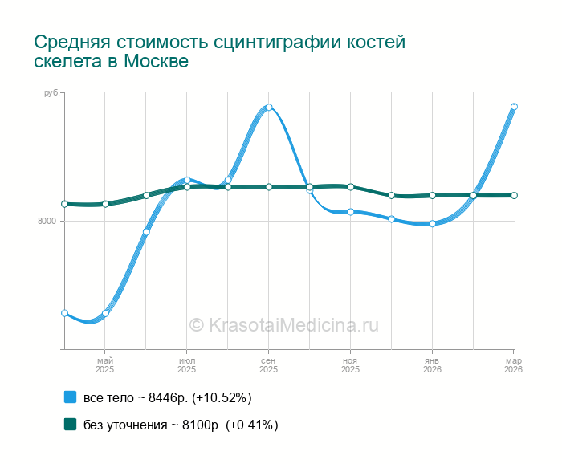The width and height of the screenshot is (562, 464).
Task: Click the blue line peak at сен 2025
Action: [x=269, y=108]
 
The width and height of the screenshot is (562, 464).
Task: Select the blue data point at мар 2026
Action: [x=514, y=107]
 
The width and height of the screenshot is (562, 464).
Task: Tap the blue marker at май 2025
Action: [x=105, y=313]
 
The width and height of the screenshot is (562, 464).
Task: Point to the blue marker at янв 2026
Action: [x=432, y=224]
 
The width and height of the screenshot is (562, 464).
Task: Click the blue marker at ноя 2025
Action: [x=351, y=212]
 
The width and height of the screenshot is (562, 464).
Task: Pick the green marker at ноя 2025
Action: [x=351, y=187]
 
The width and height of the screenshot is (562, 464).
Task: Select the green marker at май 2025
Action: [x=105, y=204]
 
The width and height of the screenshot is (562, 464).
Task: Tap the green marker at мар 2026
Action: [x=514, y=195]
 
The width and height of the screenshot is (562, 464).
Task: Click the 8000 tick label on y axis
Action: [x=47, y=222]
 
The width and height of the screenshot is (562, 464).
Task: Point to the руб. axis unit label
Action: [x=51, y=94]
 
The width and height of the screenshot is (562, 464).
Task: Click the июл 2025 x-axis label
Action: [x=186, y=365]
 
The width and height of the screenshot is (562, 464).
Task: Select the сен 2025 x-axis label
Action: [x=268, y=365]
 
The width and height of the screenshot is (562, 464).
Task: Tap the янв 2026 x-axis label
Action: [x=432, y=365]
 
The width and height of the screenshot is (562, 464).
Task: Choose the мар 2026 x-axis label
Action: [x=513, y=365]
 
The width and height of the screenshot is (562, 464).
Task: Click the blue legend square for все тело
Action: [x=70, y=397]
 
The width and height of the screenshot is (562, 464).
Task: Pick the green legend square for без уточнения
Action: [x=70, y=425]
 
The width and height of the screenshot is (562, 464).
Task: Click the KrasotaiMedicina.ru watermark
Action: [x=283, y=325]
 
